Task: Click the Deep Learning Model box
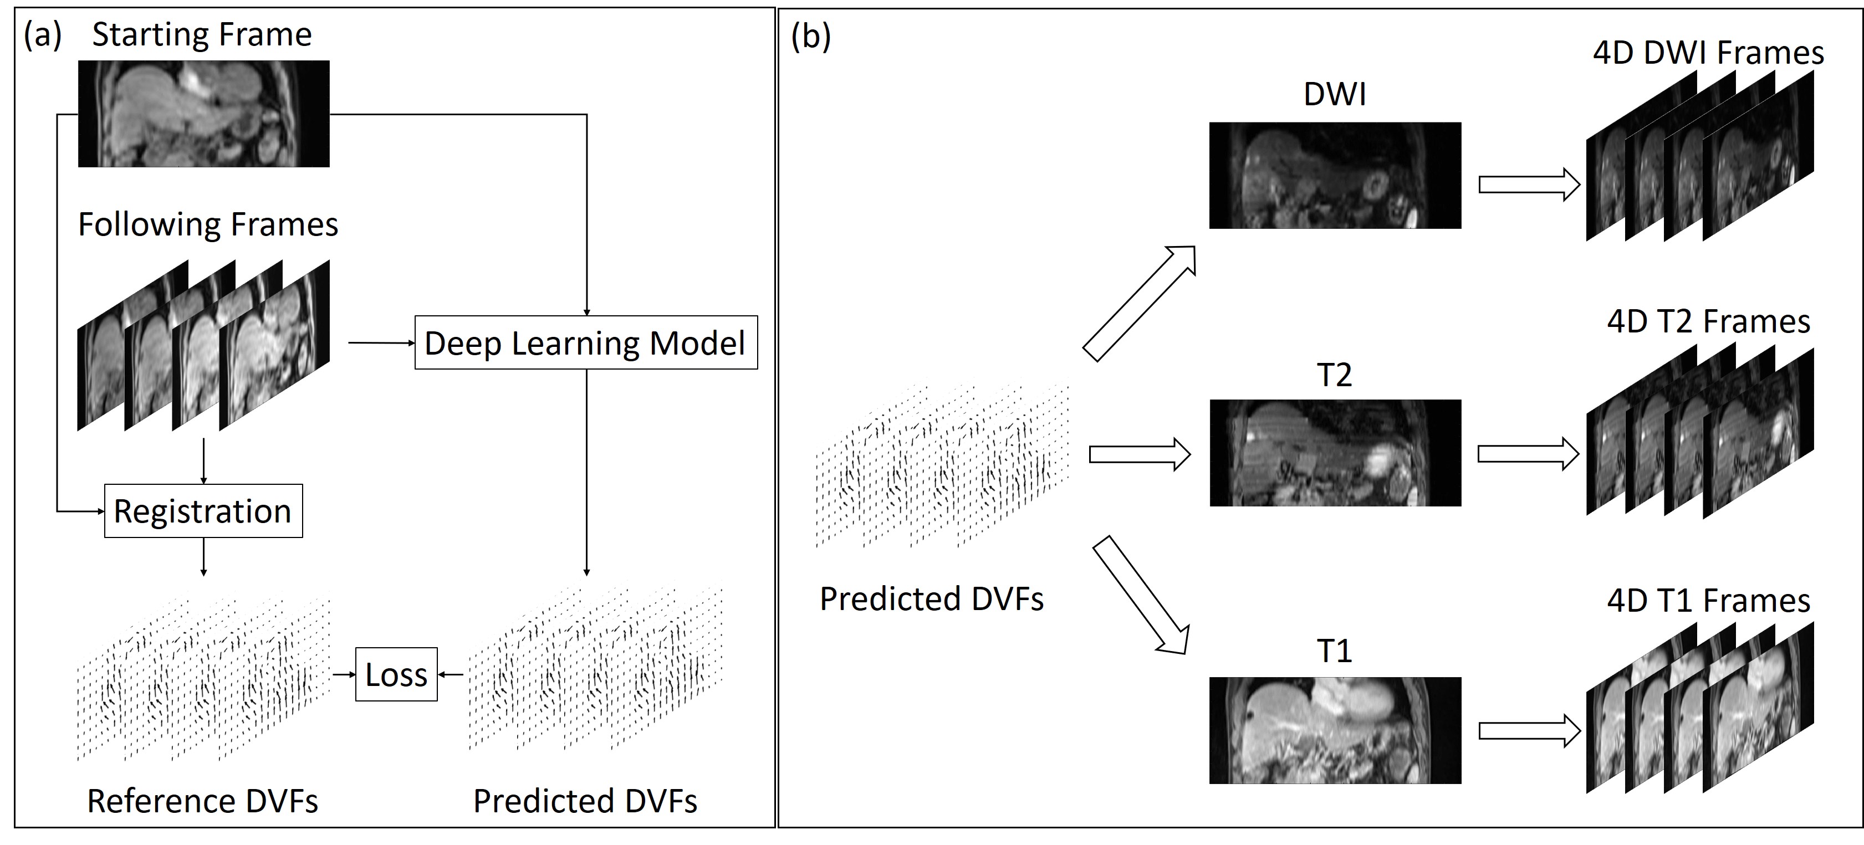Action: click(x=585, y=343)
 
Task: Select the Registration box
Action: click(x=203, y=511)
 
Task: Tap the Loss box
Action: click(x=396, y=674)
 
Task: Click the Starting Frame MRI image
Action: click(x=203, y=114)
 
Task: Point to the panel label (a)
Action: click(x=43, y=35)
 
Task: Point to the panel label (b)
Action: click(x=810, y=36)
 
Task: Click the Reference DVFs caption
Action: click(x=203, y=801)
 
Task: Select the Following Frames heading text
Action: click(x=208, y=224)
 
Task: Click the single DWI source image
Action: click(x=1335, y=175)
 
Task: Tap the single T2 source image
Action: click(x=1335, y=453)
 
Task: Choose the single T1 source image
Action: click(x=1335, y=730)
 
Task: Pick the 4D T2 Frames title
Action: click(x=1708, y=321)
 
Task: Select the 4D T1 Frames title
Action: click(x=1708, y=601)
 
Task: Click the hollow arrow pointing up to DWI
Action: click(x=1140, y=303)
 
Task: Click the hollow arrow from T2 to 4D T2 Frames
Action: click(x=1528, y=454)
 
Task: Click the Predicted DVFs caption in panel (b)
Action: click(x=931, y=599)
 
